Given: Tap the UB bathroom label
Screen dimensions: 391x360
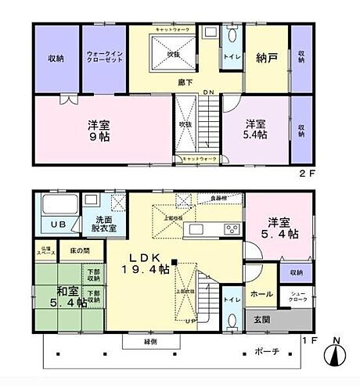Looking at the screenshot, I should coord(57,224).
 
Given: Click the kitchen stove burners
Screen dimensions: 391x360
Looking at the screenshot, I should coord(232,229).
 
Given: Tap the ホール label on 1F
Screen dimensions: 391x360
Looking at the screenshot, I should coord(261,294).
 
